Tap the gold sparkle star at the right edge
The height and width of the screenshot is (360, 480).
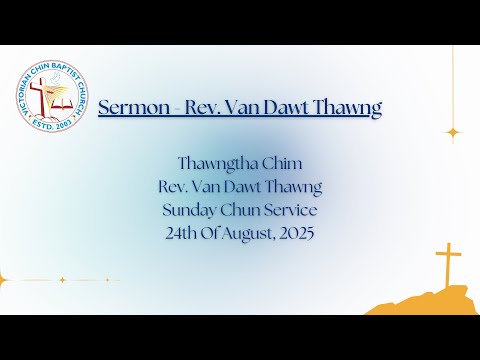pos(453,132)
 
